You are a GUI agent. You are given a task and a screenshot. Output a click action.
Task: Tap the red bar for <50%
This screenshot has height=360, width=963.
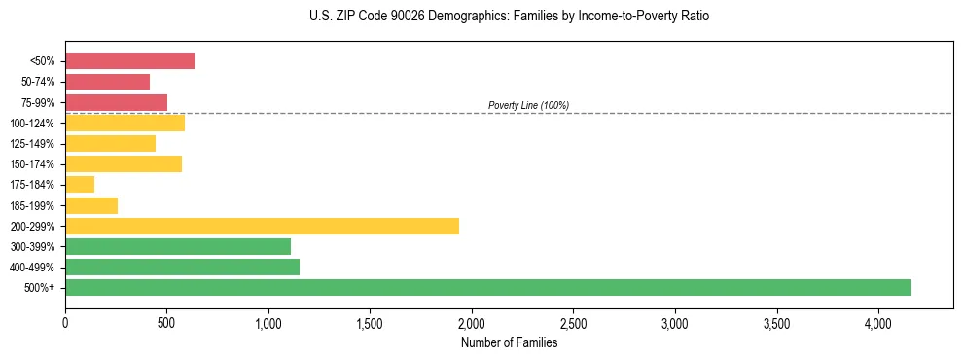[x=129, y=61]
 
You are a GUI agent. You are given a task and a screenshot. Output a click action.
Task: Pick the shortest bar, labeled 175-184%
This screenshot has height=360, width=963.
[x=80, y=185]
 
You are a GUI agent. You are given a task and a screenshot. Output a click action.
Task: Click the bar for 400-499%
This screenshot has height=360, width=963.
[x=182, y=267]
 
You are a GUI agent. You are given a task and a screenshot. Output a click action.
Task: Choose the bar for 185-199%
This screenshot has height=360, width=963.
[x=91, y=205]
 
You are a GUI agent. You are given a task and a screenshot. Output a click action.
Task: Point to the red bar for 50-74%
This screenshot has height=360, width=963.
[x=107, y=82]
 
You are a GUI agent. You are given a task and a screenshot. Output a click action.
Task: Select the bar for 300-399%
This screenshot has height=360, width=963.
[x=178, y=246]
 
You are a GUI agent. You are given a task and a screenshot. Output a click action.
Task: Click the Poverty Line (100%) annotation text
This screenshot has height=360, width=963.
[x=528, y=105]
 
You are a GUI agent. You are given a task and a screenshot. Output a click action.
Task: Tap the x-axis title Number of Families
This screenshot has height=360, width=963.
[x=509, y=342]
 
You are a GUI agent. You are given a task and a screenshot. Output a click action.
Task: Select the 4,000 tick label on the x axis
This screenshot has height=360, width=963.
[x=877, y=322]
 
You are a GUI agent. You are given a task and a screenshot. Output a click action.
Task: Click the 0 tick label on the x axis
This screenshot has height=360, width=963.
[x=65, y=322]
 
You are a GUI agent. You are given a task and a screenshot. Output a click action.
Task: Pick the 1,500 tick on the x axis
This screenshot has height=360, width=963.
[x=370, y=322]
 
